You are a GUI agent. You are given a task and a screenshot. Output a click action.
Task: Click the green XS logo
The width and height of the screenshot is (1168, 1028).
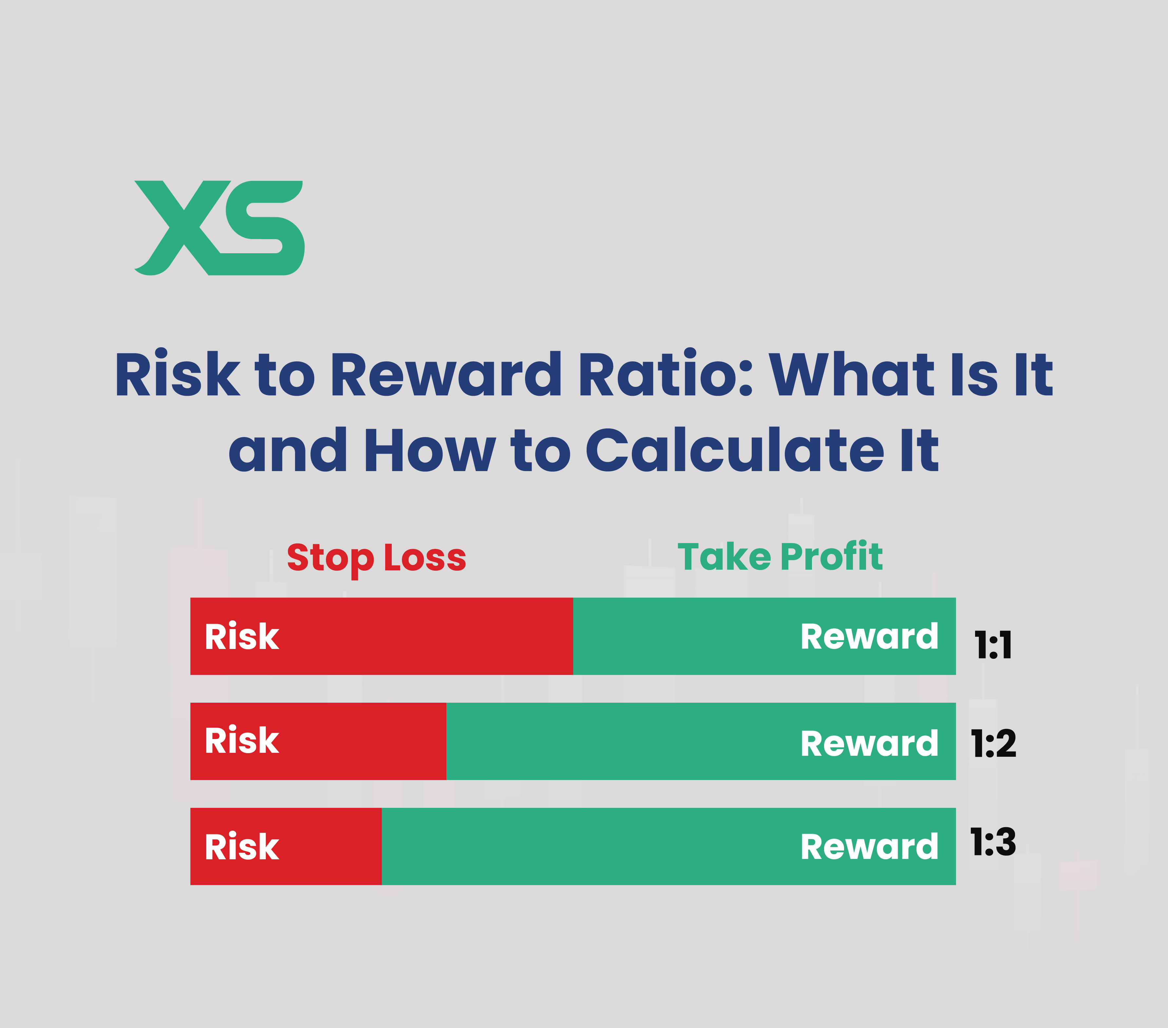coord(219,228)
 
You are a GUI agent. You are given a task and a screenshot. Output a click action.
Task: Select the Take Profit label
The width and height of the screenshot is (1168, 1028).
coord(780,557)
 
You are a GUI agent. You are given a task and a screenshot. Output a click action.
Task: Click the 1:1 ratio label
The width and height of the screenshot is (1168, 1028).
coord(993,646)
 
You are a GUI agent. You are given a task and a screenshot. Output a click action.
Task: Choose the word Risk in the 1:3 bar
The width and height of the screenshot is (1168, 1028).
coord(242,847)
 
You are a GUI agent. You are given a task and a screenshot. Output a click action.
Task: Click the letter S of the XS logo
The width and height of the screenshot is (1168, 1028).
coord(265,228)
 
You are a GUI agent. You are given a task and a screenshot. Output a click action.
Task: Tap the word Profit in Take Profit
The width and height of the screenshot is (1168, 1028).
coord(831,557)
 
